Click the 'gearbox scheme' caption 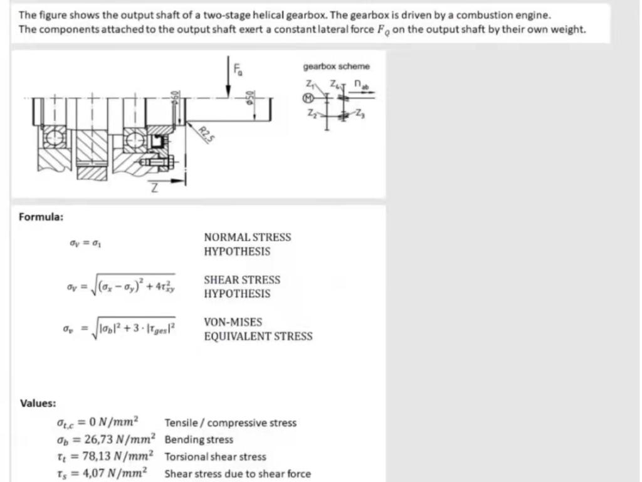(x=336, y=66)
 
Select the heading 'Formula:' (x=41, y=217)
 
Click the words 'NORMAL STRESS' (x=247, y=238)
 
